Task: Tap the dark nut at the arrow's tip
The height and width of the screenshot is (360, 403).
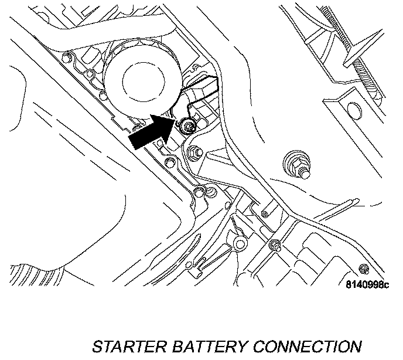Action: [187, 125]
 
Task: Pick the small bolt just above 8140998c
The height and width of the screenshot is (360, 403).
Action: [364, 269]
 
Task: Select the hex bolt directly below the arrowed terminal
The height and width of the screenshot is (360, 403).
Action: [194, 153]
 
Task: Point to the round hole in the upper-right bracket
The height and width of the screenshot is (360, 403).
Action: [353, 110]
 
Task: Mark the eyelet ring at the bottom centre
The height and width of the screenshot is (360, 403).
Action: [238, 242]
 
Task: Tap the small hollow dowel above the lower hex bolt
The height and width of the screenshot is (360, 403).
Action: [265, 214]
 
